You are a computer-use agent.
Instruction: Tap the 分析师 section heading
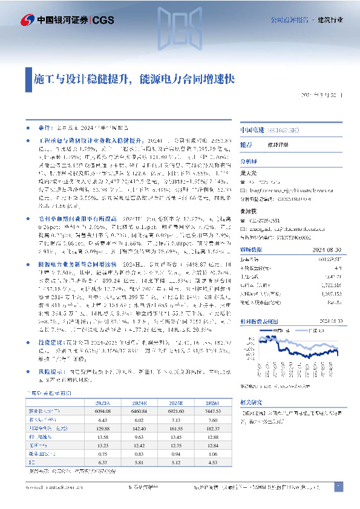click(x=249, y=162)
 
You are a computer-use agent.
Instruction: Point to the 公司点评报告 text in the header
click(x=288, y=20)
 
